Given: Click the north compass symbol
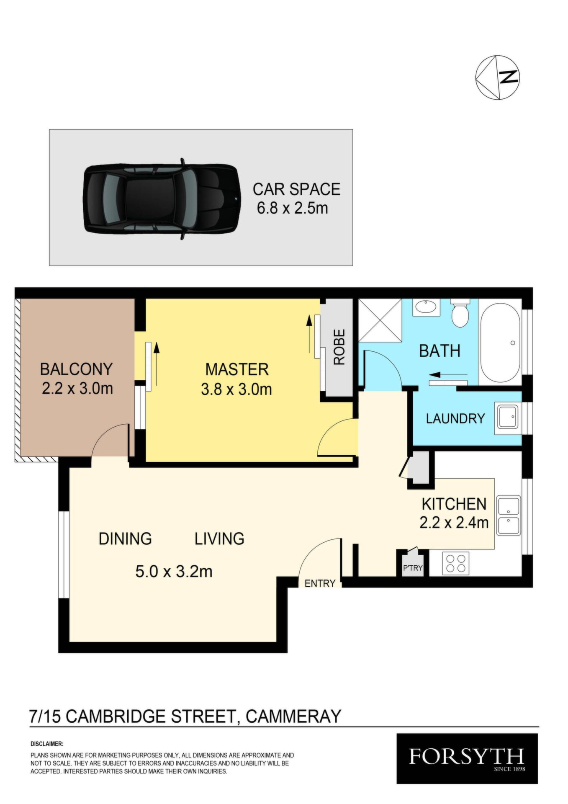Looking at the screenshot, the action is tap(497, 77).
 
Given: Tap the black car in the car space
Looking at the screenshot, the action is tap(161, 198).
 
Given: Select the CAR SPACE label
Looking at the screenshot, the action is tap(296, 189).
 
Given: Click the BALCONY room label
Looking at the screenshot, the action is tap(76, 369).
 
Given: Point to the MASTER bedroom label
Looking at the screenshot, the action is tap(237, 369).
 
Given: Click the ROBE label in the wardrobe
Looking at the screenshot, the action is tap(339, 347).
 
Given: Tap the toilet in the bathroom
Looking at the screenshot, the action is tap(460, 312).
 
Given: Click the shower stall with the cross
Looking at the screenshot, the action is tap(380, 321).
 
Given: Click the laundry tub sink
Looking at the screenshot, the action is tap(507, 417).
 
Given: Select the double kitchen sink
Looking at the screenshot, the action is tap(509, 515).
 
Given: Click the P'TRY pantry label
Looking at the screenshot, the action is tap(413, 568).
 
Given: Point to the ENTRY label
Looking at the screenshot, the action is tap(320, 583).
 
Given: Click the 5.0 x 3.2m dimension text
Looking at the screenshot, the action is tap(174, 571).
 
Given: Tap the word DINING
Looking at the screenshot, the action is tap(125, 539).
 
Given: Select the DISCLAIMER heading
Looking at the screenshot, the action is tap(47, 744).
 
